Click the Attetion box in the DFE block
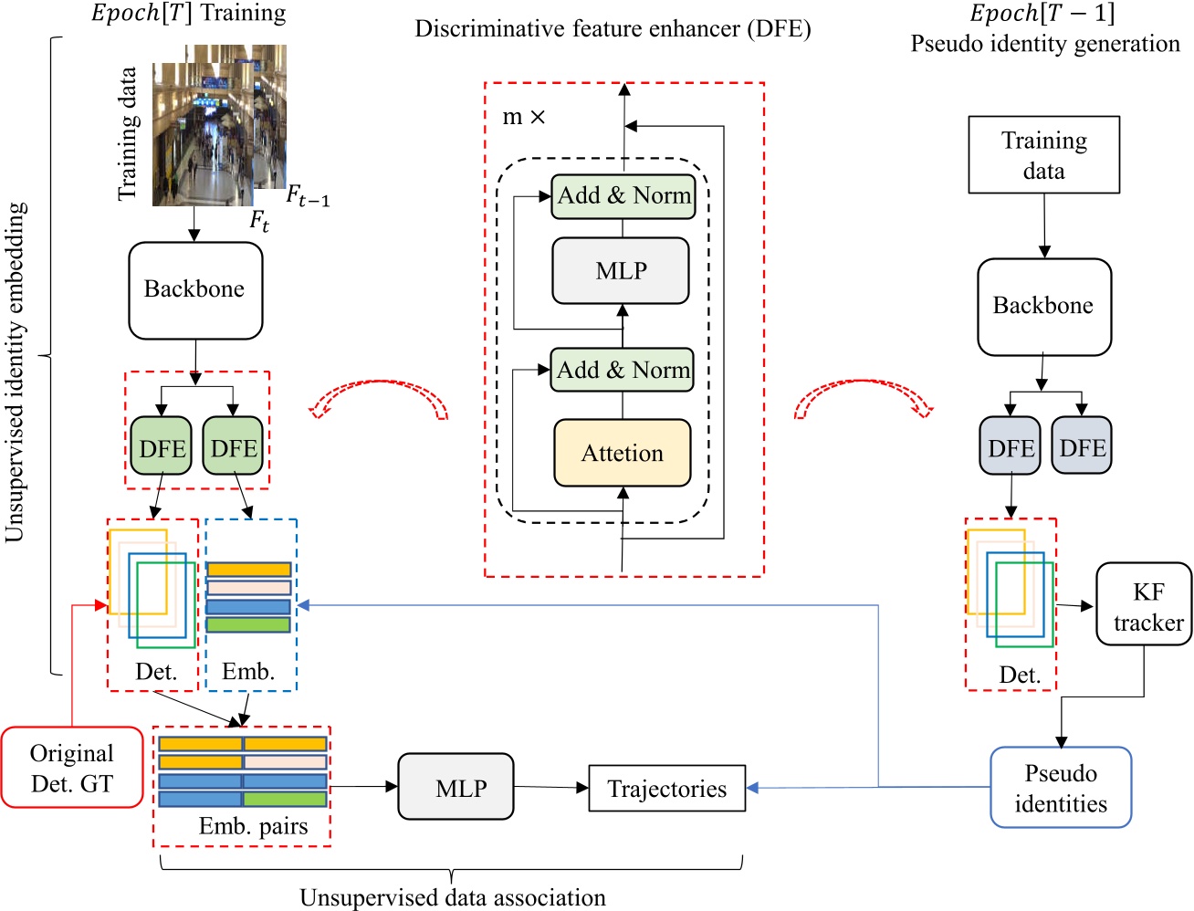pyautogui.click(x=623, y=453)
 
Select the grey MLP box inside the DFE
pyautogui.click(x=621, y=271)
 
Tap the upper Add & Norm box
pyautogui.click(x=623, y=196)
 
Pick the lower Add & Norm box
pyautogui.click(x=623, y=370)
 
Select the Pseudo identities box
pyautogui.click(x=1061, y=788)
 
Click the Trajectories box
pyautogui.click(x=667, y=789)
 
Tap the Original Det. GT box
pyautogui.click(x=72, y=768)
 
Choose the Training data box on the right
pyautogui.click(x=1043, y=155)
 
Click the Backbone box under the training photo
pyautogui.click(x=195, y=289)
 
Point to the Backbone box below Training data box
pyautogui.click(x=1044, y=307)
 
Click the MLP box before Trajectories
pyautogui.click(x=456, y=787)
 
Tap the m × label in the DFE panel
pyautogui.click(x=524, y=118)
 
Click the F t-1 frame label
pyautogui.click(x=308, y=195)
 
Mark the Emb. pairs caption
pyautogui.click(x=253, y=827)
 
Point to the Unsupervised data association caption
pyautogui.click(x=453, y=897)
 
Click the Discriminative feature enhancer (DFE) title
pyautogui.click(x=613, y=29)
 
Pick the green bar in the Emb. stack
pyautogui.click(x=248, y=625)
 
